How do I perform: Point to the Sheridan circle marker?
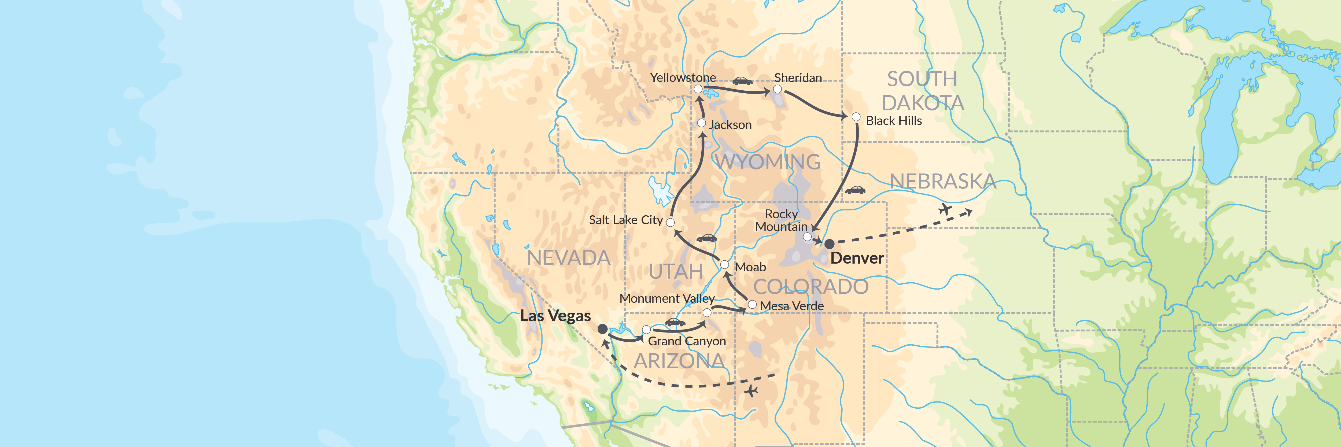click(777, 89)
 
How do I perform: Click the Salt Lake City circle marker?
click(670, 222)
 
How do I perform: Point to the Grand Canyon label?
click(687, 341)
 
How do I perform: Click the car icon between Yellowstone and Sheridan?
click(742, 81)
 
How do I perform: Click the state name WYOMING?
click(768, 162)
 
